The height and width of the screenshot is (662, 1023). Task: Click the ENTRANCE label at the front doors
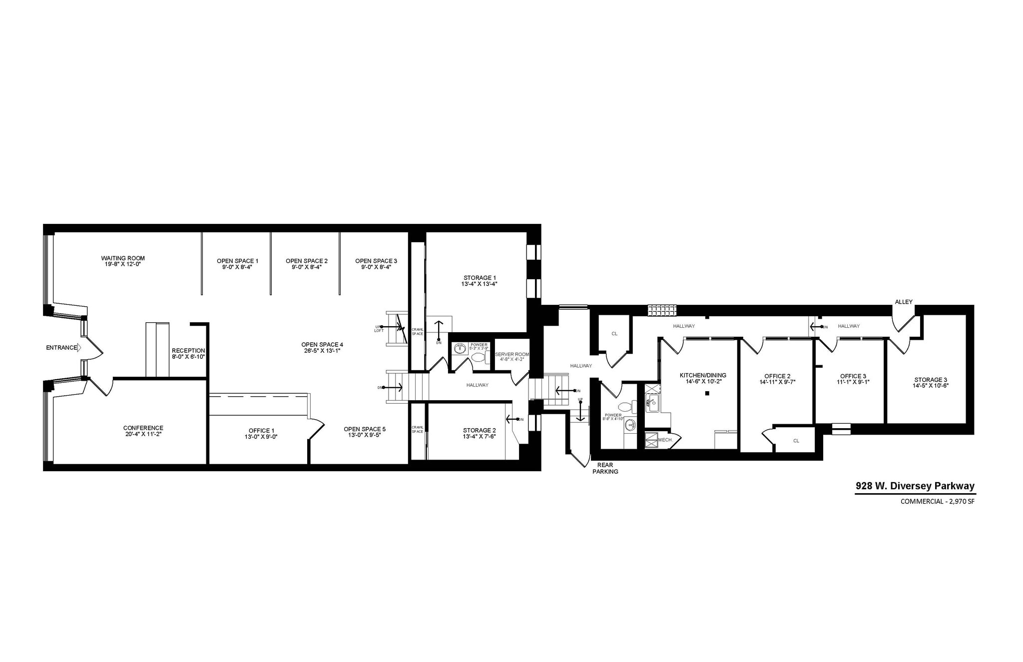[61, 348]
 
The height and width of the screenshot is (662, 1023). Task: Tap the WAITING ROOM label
[123, 258]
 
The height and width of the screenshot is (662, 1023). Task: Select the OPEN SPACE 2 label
[307, 261]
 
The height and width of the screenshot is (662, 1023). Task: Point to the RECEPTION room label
[188, 351]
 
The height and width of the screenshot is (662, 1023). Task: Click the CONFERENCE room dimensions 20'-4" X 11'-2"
[143, 434]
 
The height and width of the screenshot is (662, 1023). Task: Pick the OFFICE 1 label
[262, 431]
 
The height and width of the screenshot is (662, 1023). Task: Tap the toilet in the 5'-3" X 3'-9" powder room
[479, 357]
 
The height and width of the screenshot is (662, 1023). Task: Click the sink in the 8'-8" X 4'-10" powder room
[630, 425]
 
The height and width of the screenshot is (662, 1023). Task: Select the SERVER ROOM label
[512, 354]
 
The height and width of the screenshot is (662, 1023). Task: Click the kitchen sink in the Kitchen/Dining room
[653, 403]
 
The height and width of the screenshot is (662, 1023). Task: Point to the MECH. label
[665, 440]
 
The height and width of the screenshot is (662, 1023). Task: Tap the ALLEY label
[904, 302]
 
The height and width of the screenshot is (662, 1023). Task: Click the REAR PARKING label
[605, 468]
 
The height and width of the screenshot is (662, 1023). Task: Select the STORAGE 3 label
[931, 380]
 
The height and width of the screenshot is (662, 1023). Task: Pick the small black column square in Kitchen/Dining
[707, 394]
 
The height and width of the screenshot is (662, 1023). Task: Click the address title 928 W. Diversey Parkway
[915, 486]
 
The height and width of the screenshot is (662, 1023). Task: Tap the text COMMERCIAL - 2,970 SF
[937, 502]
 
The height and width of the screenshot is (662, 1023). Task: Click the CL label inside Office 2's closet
[796, 441]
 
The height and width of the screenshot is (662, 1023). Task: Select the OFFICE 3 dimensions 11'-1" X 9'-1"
[853, 382]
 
